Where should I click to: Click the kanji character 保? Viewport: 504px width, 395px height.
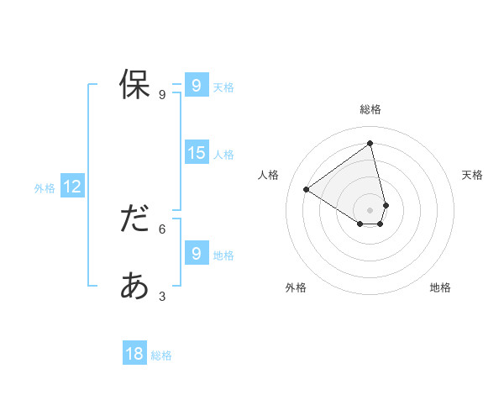pyautogui.click(x=134, y=85)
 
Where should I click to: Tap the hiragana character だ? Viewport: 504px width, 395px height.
pyautogui.click(x=134, y=219)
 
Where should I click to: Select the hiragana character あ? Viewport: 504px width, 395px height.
pyautogui.click(x=134, y=287)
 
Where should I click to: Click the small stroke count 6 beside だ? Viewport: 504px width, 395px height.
pyautogui.click(x=162, y=228)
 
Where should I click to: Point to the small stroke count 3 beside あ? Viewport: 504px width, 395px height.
pyautogui.click(x=162, y=296)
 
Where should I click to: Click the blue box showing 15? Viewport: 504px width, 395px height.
pyautogui.click(x=197, y=153)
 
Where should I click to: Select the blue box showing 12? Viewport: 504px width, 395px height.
pyautogui.click(x=72, y=187)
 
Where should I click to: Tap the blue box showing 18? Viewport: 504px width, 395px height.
pyautogui.click(x=134, y=354)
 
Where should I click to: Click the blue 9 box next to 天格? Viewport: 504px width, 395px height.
pyautogui.click(x=196, y=86)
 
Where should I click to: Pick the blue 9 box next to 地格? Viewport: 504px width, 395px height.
pyautogui.click(x=196, y=253)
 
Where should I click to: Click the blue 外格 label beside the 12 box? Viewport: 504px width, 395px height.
pyautogui.click(x=45, y=188)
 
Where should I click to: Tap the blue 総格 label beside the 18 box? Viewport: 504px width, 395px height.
pyautogui.click(x=161, y=355)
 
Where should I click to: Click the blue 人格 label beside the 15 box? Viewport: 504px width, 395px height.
pyautogui.click(x=223, y=155)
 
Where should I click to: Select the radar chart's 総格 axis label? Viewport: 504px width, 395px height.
pyautogui.click(x=370, y=109)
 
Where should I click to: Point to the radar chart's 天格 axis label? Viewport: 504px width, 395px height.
pyautogui.click(x=472, y=175)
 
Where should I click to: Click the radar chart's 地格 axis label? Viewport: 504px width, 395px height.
pyautogui.click(x=440, y=287)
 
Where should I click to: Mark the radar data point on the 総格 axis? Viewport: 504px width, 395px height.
pyautogui.click(x=370, y=144)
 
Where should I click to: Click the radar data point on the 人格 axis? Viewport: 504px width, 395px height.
pyautogui.click(x=307, y=190)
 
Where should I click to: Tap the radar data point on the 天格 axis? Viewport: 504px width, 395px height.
pyautogui.click(x=386, y=205)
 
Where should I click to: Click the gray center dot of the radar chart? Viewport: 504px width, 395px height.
pyautogui.click(x=370, y=210)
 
